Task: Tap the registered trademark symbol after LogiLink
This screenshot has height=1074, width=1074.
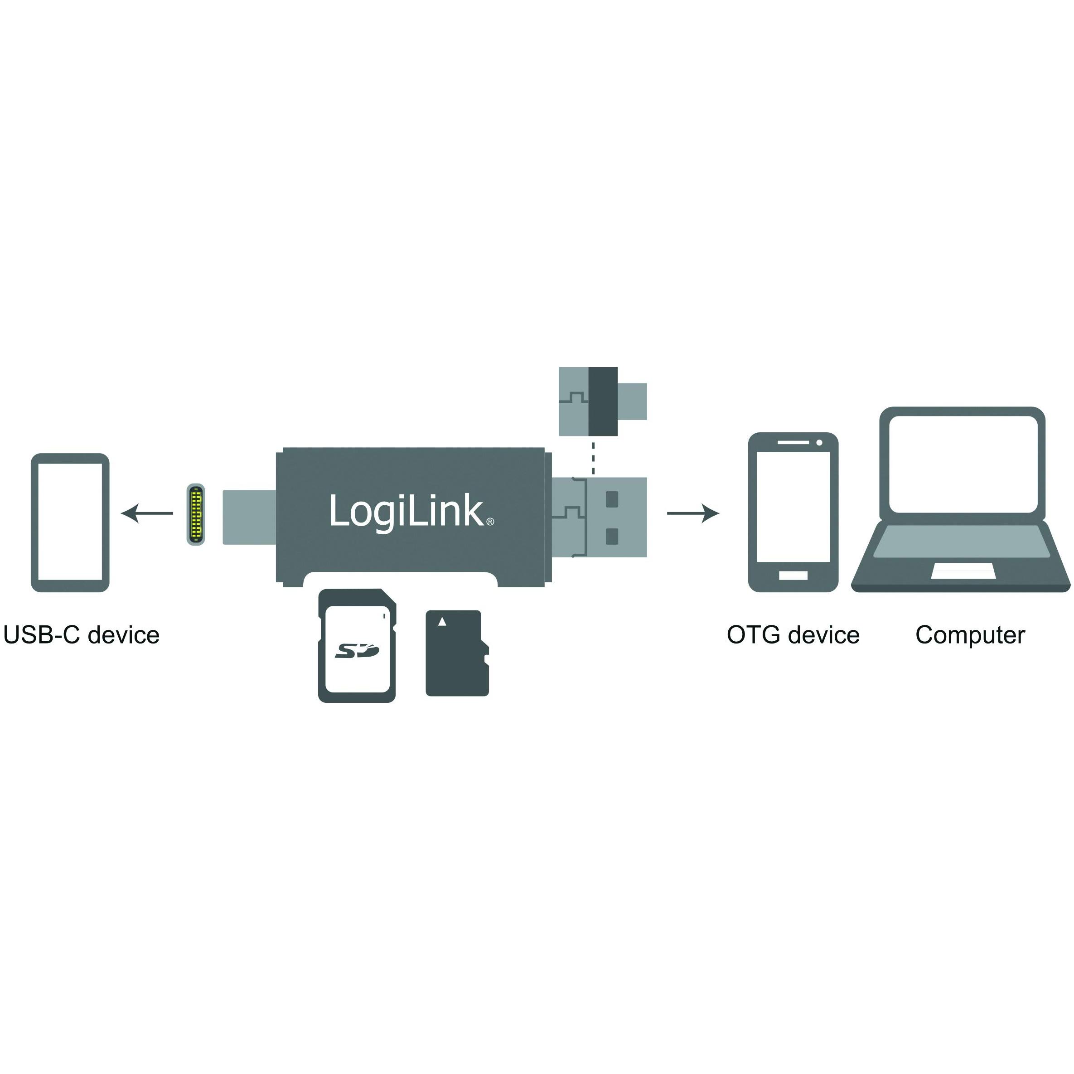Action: coord(490,522)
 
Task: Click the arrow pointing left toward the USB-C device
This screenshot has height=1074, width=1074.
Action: coord(147,513)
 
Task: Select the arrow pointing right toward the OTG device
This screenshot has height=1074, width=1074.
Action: coord(693,513)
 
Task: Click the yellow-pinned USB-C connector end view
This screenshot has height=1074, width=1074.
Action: coord(196,514)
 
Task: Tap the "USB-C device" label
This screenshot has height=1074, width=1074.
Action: coord(82,635)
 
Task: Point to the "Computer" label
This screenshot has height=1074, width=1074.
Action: coord(970,635)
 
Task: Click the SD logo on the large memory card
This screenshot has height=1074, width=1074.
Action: coord(357,650)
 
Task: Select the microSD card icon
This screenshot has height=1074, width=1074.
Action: coord(457,653)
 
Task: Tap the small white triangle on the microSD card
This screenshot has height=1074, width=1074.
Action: coord(442,621)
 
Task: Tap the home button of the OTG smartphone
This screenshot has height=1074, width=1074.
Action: coord(793,576)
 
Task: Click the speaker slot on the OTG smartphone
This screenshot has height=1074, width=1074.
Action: coord(793,442)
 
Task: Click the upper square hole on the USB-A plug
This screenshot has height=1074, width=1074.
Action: coord(611,499)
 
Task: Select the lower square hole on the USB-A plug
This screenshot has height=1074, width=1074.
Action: coord(611,537)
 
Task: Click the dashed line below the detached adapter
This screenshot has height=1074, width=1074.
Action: coord(594,458)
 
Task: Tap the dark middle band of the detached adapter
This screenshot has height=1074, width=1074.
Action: coord(603,402)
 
